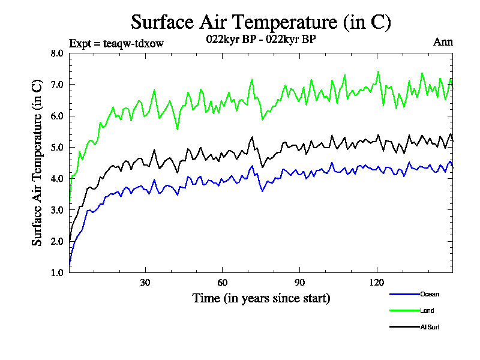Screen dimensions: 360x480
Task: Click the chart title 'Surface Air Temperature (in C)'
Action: pos(261,22)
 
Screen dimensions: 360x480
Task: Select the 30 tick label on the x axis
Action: pos(145,283)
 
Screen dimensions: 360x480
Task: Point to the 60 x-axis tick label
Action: pos(223,283)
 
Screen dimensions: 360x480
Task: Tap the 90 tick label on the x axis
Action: pos(300,283)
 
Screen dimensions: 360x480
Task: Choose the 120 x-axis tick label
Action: pos(377,283)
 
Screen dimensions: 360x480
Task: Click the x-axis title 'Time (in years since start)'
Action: pos(261,298)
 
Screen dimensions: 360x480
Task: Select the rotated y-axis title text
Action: pos(37,162)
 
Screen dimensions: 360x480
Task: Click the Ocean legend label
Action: pos(429,294)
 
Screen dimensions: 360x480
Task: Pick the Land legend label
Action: pos(427,311)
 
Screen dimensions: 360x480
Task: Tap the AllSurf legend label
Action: pos(430,327)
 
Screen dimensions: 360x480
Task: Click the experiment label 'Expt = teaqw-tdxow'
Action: pos(116,43)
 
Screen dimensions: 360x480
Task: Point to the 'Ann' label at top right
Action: pos(443,42)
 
